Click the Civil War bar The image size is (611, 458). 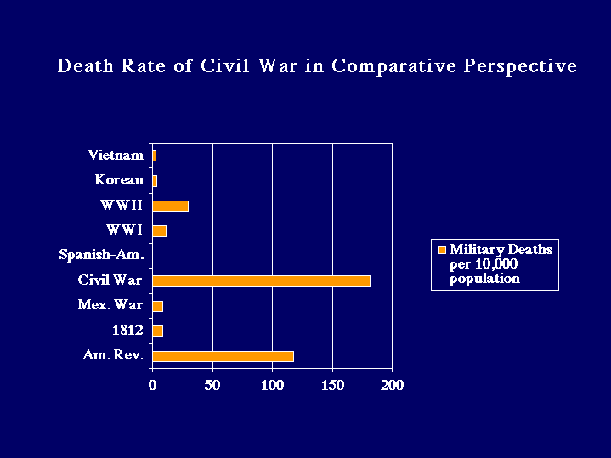coord(261,280)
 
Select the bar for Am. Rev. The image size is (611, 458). coord(223,356)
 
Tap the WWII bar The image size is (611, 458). coord(170,206)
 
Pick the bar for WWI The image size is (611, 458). coord(159,230)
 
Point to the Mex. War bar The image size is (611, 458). coord(157,306)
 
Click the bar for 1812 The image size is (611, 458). coord(157,331)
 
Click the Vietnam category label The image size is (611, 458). coord(116,155)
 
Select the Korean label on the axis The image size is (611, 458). coord(119,180)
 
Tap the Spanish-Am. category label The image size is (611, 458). coord(101,255)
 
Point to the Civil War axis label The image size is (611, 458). coord(110,280)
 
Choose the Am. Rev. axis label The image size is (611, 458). coord(112,356)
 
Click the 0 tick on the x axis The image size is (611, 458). coord(153,385)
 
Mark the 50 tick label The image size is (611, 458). coord(212,385)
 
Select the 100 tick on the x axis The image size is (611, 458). coord(272,385)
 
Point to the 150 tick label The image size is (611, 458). coord(332,385)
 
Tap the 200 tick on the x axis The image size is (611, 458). coord(392,385)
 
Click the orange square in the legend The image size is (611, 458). coord(441,250)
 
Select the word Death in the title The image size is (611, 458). coord(85,66)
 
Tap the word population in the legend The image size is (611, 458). coord(484,279)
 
